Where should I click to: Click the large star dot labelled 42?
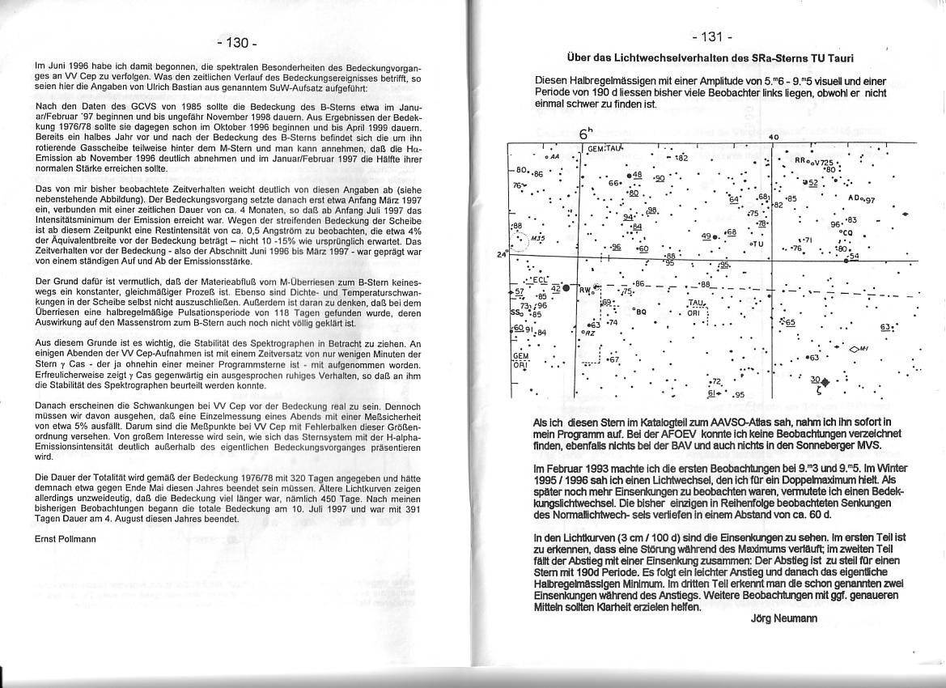[x=566, y=288]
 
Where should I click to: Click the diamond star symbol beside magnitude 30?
[x=825, y=382]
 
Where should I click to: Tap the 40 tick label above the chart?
[x=774, y=138]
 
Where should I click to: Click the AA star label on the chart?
[x=553, y=156]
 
